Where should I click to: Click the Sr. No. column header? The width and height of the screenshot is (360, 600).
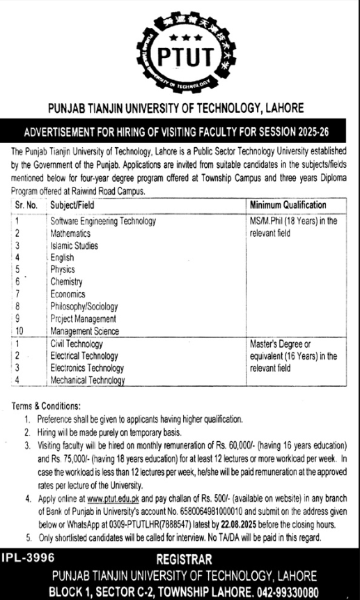[x=25, y=205]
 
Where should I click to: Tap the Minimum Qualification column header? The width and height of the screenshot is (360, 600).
[x=288, y=205]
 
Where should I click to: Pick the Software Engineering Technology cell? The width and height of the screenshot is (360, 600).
[x=103, y=221]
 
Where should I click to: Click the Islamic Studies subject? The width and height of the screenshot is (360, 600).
[x=75, y=245]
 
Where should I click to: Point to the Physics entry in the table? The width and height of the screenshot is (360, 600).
[x=63, y=269]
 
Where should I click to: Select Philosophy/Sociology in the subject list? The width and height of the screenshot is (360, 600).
[x=84, y=306]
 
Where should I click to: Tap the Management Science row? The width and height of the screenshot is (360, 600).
[x=84, y=331]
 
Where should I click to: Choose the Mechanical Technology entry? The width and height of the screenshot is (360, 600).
[x=88, y=380]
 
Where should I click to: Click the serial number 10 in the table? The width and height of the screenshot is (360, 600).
[x=19, y=331]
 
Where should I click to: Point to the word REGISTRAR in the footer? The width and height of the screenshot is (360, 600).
[x=184, y=560]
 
